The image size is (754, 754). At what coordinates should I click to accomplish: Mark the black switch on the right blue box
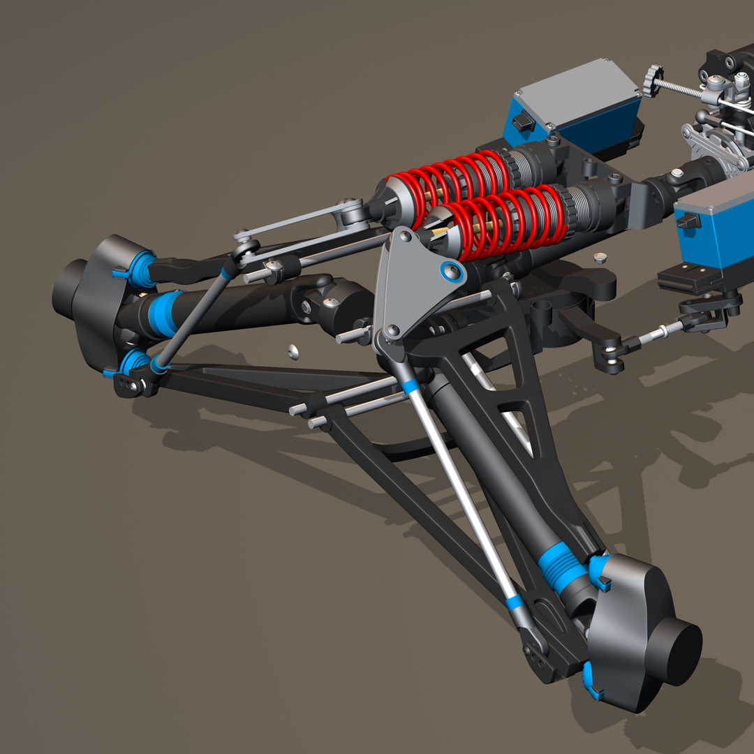(x=688, y=221)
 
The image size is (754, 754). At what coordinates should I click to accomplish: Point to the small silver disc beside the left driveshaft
(x=294, y=351)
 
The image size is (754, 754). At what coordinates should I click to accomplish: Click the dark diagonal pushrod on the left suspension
(x=193, y=318)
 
